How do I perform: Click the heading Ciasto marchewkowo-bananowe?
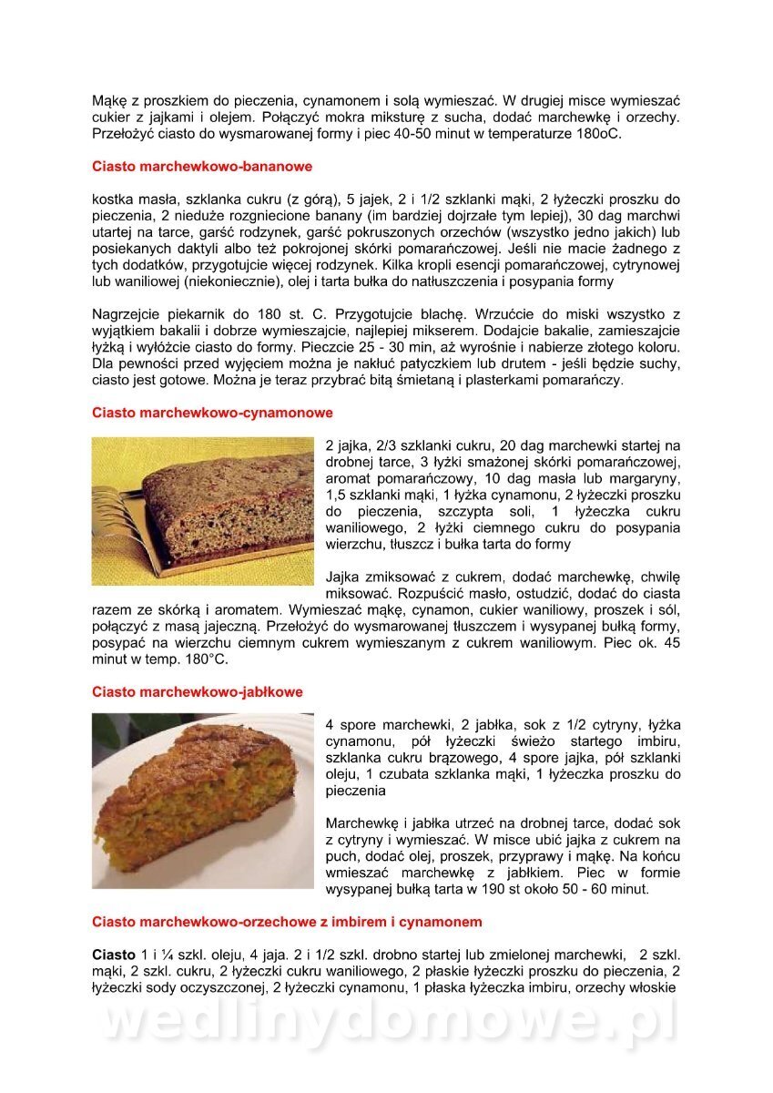(x=202, y=167)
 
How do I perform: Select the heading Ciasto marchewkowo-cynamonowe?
(x=212, y=413)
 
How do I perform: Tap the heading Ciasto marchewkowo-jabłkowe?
(x=198, y=692)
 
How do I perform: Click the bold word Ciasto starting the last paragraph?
(x=114, y=955)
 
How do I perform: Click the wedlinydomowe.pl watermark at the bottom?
(x=387, y=1023)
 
